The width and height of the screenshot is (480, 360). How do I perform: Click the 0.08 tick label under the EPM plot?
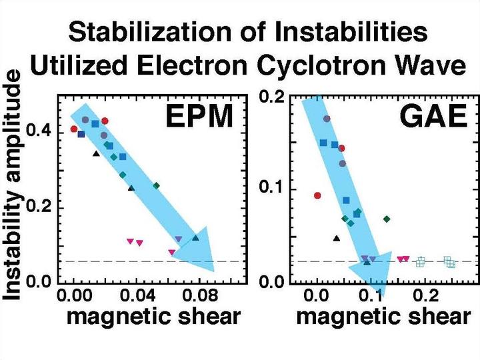179,293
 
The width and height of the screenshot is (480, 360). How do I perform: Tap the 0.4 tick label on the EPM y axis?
42,131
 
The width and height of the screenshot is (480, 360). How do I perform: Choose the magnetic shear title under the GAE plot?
383,316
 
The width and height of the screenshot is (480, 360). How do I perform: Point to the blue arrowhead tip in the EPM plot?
213,271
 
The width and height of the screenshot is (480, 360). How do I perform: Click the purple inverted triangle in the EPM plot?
178,239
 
